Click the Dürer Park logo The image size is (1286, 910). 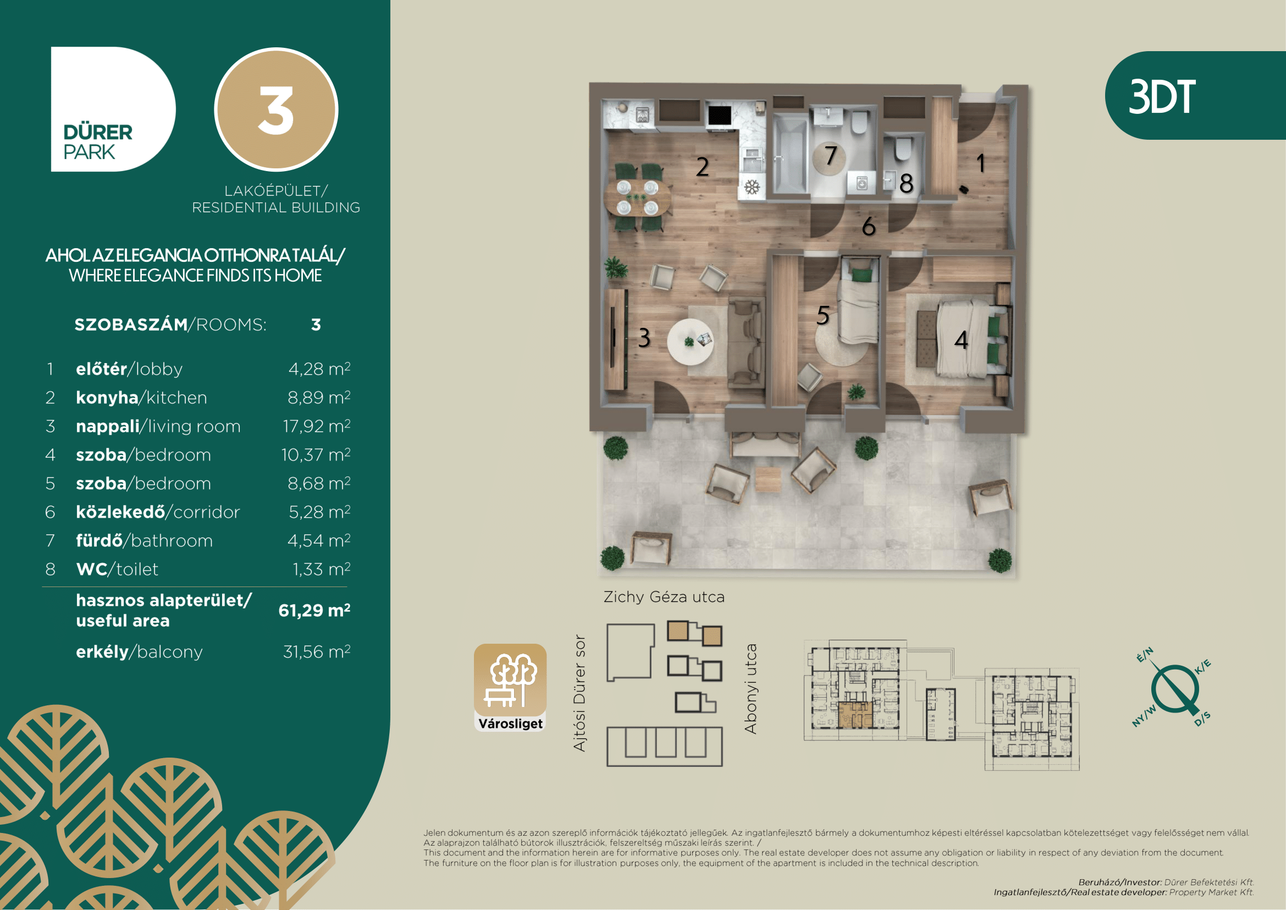113,109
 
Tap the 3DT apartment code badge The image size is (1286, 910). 1195,95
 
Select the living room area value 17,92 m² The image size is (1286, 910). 317,426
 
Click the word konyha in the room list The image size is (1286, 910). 107,397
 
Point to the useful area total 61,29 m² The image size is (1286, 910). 314,610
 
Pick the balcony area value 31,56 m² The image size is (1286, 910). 317,651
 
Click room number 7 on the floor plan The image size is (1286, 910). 831,155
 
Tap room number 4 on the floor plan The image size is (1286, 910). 961,339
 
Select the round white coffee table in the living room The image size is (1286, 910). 690,342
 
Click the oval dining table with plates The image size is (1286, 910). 638,198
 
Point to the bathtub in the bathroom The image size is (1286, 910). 790,152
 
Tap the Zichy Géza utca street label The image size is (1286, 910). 664,597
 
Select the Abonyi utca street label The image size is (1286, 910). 750,689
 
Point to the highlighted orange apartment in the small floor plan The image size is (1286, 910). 855,715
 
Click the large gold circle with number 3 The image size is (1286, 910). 276,109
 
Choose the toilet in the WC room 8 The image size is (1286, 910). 902,149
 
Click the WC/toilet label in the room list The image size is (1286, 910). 117,569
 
